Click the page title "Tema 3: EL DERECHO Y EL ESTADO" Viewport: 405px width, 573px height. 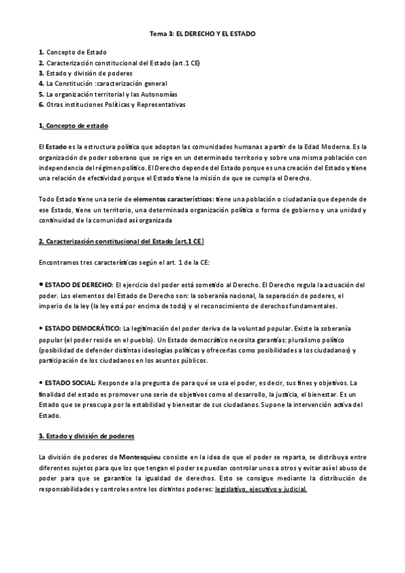pos(202,32)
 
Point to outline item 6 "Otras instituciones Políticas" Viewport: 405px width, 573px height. pos(112,105)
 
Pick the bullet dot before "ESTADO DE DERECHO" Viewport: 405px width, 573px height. pos(41,284)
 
